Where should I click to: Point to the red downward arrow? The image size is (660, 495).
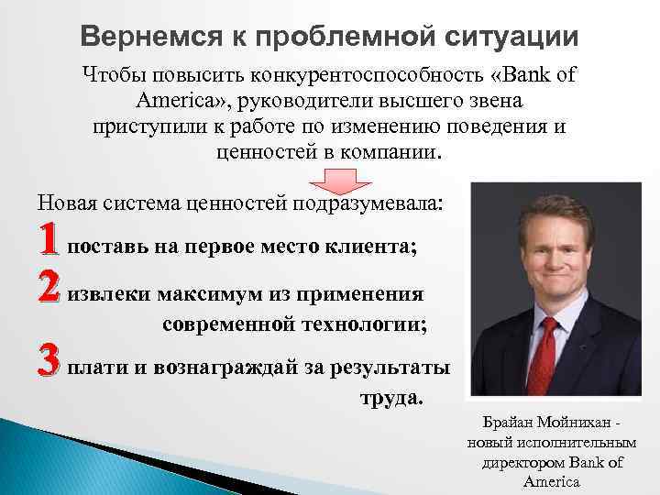329,181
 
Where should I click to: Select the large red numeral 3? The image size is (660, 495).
49,368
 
